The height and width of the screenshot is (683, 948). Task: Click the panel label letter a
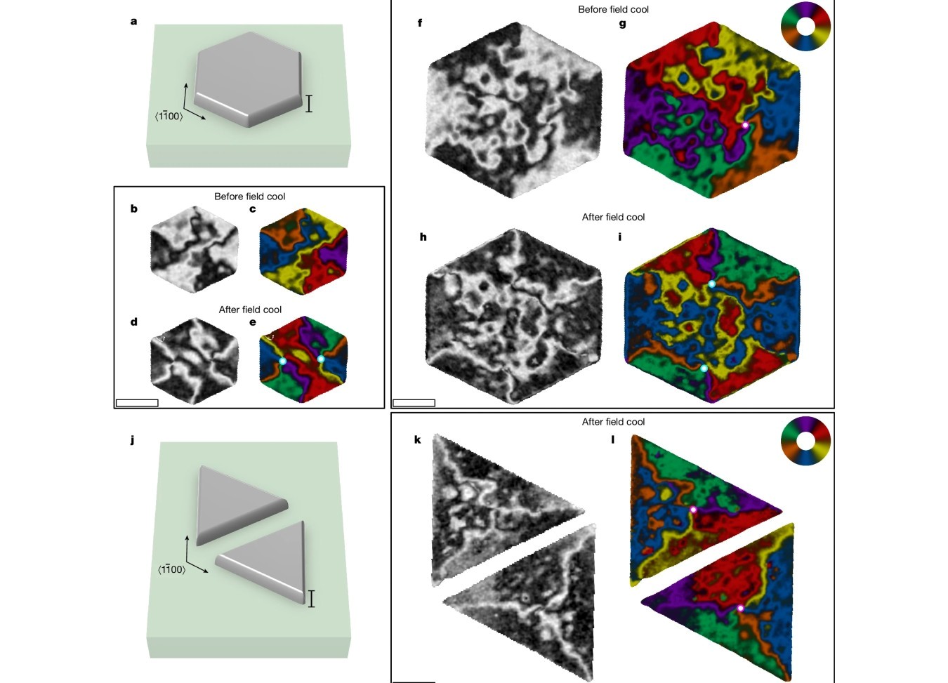133,22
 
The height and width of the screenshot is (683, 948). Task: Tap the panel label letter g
622,24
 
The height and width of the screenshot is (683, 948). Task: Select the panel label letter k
417,439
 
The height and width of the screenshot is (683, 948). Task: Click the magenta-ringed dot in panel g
745,125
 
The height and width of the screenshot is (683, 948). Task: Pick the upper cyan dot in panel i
712,284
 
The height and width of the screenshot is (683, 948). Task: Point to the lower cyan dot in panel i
704,369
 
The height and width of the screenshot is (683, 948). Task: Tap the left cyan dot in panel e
283,361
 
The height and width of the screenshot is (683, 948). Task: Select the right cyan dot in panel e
321,359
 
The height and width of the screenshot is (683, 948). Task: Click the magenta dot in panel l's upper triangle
693,510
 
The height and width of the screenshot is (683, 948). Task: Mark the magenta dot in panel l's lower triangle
741,608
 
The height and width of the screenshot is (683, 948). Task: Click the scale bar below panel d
137,403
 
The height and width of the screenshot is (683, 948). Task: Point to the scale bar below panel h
414,403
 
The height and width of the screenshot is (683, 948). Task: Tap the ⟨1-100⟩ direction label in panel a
169,116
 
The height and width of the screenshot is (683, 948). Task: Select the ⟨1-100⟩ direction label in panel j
172,569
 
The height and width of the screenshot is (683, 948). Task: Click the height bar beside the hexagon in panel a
309,104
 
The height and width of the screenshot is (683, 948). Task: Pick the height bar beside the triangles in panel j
311,599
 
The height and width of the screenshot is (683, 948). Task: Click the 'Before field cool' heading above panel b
250,197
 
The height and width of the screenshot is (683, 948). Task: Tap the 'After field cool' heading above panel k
613,421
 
